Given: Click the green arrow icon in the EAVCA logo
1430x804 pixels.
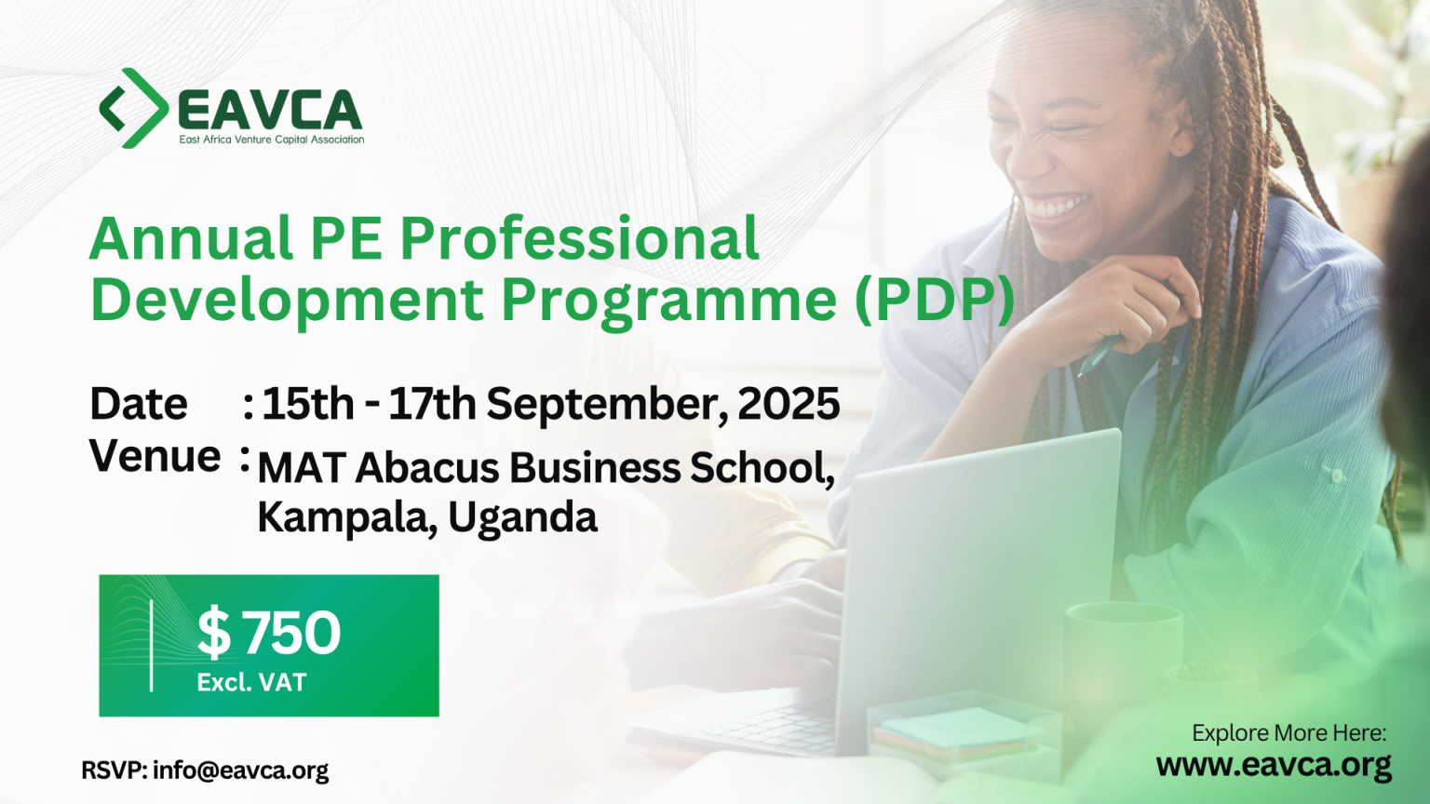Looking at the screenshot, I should pos(134,108).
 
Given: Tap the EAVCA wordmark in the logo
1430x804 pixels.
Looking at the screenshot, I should pos(269,111).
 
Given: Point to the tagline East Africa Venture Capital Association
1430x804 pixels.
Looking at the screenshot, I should pos(272,140).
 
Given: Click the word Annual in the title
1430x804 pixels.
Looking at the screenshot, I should pos(191,238).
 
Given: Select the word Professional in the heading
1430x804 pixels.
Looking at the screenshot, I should pos(579,238).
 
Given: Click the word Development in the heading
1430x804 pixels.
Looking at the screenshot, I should pos(287,300).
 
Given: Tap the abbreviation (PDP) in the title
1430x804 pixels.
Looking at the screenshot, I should pos(934,300).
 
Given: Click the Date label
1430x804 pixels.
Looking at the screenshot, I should pos(139,404).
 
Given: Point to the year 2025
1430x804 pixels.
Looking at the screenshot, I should pos(789,404).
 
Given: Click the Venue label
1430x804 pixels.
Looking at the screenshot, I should pos(155,456).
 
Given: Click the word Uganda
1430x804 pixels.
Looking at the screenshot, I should pos(522,517).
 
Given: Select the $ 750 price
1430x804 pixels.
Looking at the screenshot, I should pos(269,633).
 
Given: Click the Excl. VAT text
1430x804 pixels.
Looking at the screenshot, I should pos(251,683).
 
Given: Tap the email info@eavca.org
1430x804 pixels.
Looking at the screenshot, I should pos(240,770).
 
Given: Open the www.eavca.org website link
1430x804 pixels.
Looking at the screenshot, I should pos(1274,765).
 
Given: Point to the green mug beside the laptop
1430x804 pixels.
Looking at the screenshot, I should pos(1123,651).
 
